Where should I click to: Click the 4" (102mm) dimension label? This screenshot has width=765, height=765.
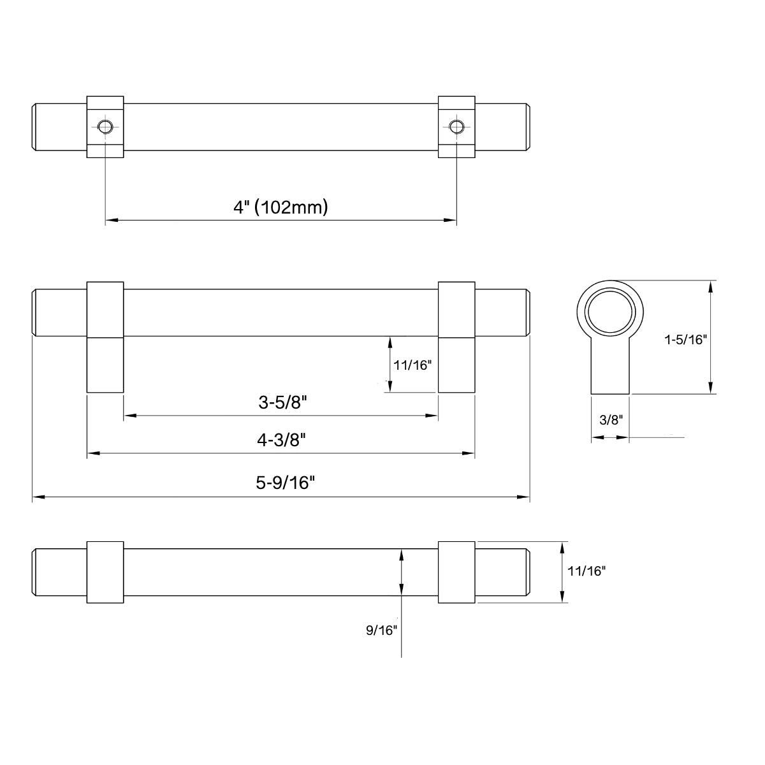tap(280, 207)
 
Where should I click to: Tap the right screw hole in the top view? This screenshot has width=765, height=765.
tap(455, 126)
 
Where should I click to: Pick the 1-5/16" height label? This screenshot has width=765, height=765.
tap(686, 340)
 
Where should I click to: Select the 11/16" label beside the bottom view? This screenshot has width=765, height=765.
tap(585, 572)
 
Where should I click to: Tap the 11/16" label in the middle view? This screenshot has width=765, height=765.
tap(413, 365)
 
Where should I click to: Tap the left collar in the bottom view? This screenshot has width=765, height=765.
tap(105, 572)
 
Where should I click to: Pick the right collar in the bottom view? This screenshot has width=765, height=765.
tap(456, 572)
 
